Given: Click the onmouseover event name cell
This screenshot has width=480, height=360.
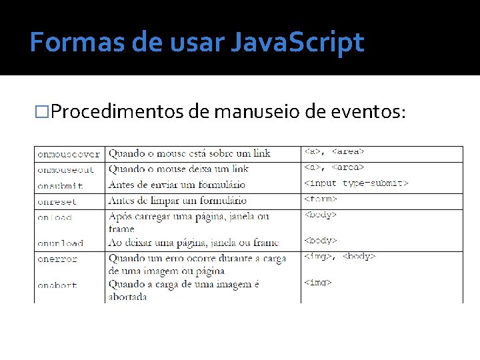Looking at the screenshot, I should [69, 154].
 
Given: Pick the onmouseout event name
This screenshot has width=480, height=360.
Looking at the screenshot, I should [66, 170].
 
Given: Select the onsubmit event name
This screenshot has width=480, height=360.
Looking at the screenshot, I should [61, 186].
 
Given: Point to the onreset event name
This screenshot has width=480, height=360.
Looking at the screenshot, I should [57, 201].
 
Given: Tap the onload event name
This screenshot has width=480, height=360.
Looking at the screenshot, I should [55, 217].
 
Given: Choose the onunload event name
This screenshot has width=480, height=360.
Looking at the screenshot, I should [61, 243].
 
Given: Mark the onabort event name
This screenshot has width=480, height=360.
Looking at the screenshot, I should [57, 285].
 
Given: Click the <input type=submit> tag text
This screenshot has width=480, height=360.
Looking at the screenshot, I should [356, 183].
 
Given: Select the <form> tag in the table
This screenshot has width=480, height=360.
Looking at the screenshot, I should [321, 199].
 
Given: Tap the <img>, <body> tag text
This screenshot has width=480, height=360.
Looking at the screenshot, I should [340, 257].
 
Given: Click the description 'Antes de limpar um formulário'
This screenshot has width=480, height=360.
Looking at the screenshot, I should [177, 201].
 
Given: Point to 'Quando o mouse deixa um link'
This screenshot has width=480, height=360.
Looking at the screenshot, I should [179, 169].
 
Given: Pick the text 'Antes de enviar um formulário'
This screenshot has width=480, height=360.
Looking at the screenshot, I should [177, 185].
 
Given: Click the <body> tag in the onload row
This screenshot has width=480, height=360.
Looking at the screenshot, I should [321, 215].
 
